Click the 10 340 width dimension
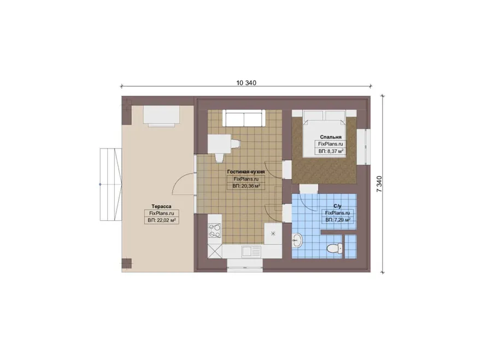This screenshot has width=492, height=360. pyautogui.click(x=246, y=83)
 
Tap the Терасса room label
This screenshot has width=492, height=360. pyautogui.click(x=161, y=206)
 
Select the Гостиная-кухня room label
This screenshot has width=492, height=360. pyautogui.click(x=246, y=172)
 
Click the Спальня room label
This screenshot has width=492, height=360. pyautogui.click(x=331, y=137)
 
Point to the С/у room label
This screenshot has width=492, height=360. pyautogui.click(x=337, y=206)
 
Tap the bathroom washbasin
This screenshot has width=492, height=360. pyautogui.click(x=297, y=241)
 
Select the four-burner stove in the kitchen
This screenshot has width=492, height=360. pyautogui.click(x=215, y=231)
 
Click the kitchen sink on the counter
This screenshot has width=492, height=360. pyautogui.click(x=251, y=251)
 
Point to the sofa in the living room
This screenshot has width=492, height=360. pyautogui.click(x=244, y=118)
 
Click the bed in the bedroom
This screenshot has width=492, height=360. pyautogui.click(x=324, y=134)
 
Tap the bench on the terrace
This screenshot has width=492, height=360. pyautogui.click(x=162, y=116)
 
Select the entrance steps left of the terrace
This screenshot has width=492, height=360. pyautogui.click(x=111, y=185)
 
